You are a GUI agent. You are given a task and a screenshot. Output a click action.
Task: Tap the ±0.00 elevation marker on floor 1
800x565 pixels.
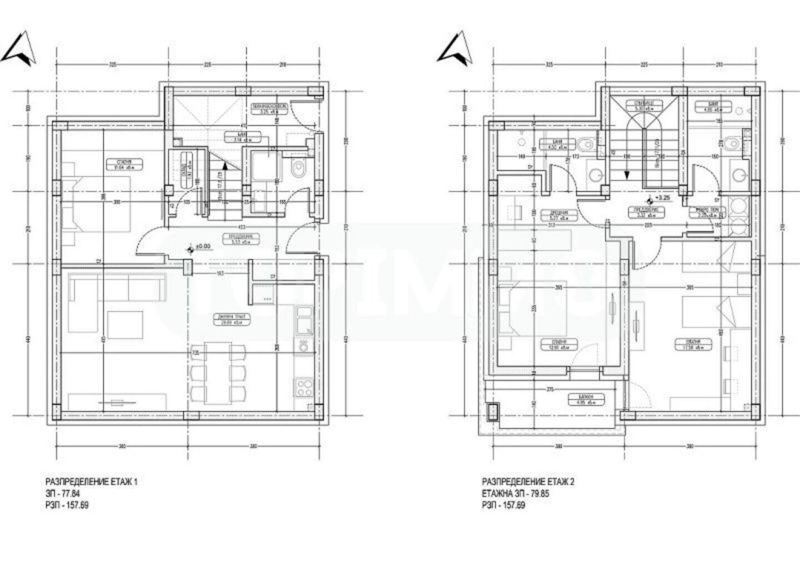(191, 251)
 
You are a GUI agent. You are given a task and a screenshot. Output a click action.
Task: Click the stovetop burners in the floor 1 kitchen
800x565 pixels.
(303, 386)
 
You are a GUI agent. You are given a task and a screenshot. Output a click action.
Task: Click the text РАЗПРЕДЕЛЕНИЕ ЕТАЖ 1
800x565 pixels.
(91, 482)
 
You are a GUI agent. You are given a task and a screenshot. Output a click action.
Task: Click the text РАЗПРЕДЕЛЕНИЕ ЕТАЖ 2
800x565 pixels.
(528, 482)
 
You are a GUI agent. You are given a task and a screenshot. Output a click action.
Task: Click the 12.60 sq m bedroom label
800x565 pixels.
(553, 345)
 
